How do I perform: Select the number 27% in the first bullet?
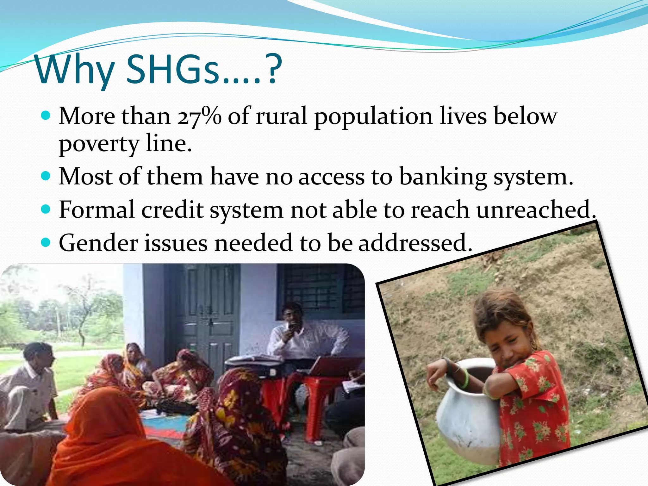click(199, 116)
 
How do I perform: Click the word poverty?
click(99, 144)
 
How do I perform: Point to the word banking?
click(443, 177)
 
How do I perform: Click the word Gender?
click(98, 243)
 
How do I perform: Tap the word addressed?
click(415, 243)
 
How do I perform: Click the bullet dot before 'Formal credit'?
click(46, 209)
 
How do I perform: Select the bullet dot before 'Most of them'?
click(46, 176)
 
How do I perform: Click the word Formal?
click(97, 209)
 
